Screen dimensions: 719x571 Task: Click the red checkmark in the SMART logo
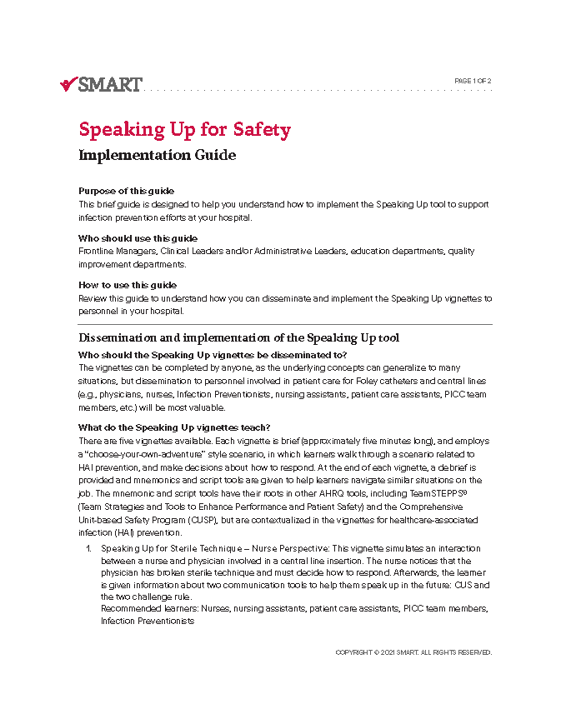click(68, 83)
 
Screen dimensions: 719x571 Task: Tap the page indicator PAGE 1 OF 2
click(473, 81)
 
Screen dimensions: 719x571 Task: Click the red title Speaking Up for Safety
click(184, 130)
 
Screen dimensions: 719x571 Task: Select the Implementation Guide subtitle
click(157, 155)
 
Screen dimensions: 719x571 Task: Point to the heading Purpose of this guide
click(126, 191)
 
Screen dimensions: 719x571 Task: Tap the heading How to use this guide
click(128, 285)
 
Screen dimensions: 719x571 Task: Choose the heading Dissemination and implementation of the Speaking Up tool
click(238, 337)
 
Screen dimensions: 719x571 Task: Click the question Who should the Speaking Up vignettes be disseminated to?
click(213, 355)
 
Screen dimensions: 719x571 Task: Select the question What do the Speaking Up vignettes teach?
click(174, 428)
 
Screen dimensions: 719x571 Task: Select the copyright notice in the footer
click(413, 652)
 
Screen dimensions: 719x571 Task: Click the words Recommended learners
click(138, 609)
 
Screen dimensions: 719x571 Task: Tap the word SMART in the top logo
click(111, 83)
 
